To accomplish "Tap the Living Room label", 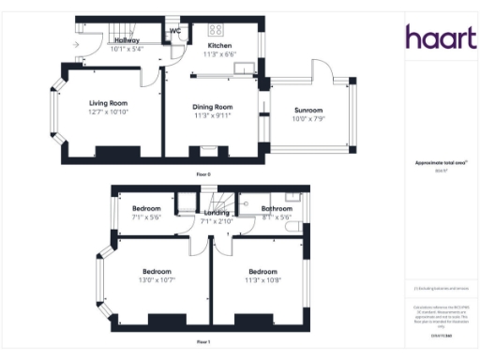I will click(x=109, y=103).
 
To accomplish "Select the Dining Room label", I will click(x=212, y=108).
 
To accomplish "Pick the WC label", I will click(x=174, y=32).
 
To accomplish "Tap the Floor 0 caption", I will click(x=203, y=175).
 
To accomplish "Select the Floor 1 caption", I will click(x=203, y=342).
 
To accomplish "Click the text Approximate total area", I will click(x=435, y=163).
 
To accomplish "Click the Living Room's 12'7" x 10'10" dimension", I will click(x=109, y=112).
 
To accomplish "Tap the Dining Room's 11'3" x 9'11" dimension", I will click(x=212, y=116).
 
